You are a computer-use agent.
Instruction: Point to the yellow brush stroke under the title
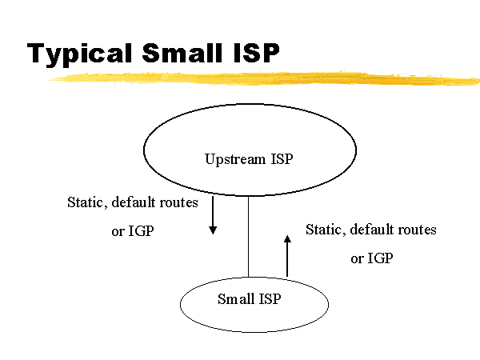264,78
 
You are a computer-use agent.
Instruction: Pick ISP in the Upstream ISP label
281,158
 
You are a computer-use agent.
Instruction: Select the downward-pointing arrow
213,215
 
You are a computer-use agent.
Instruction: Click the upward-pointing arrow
287,256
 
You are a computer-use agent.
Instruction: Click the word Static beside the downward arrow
86,202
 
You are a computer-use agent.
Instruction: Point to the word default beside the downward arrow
134,202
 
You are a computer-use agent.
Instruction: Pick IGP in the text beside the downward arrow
141,232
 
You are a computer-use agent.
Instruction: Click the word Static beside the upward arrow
325,230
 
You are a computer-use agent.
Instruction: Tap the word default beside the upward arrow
373,230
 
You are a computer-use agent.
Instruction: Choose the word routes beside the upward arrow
418,230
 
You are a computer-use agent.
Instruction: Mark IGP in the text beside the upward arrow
380,259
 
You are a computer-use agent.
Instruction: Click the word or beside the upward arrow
357,260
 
